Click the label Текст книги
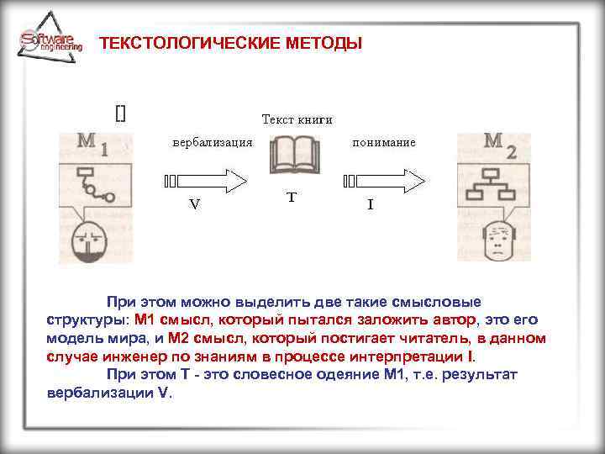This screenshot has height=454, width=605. pos(297,119)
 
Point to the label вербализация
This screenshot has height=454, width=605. pos(213,142)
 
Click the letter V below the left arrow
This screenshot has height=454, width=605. pos(194,203)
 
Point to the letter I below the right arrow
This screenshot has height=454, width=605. pos(371,203)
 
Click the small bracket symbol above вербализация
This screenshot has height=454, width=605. pos(120,113)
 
